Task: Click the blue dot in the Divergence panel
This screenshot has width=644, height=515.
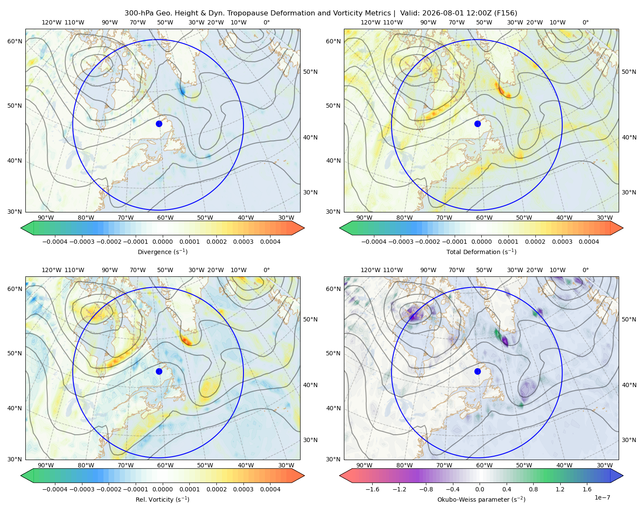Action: pyautogui.click(x=159, y=124)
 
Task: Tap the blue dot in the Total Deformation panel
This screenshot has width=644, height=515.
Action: pyautogui.click(x=477, y=124)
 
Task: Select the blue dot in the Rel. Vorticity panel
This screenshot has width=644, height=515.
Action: pyautogui.click(x=159, y=371)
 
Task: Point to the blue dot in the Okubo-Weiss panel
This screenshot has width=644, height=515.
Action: pyautogui.click(x=477, y=371)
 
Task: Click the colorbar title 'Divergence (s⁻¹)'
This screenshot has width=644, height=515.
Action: pyautogui.click(x=162, y=251)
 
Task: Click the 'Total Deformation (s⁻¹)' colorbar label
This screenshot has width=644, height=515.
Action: pyautogui.click(x=481, y=251)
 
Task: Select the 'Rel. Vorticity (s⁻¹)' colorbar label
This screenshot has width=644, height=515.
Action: pyautogui.click(x=162, y=500)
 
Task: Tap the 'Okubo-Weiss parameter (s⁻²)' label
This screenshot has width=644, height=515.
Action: pyautogui.click(x=481, y=500)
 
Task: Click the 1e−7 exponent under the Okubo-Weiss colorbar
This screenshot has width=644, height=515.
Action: pyautogui.click(x=602, y=497)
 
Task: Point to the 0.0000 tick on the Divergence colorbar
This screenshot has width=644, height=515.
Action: pyautogui.click(x=162, y=242)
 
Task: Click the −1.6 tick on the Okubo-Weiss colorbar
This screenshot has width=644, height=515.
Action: pyautogui.click(x=372, y=489)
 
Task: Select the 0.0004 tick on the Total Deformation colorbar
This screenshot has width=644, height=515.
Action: pyautogui.click(x=589, y=242)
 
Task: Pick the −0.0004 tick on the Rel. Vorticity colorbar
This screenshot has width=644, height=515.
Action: pyautogui.click(x=55, y=489)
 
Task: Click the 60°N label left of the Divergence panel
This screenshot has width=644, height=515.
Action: pyautogui.click(x=15, y=41)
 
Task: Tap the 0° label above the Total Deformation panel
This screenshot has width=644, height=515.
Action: pyautogui.click(x=585, y=22)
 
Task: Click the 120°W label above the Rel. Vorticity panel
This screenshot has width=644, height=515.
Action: pyautogui.click(x=52, y=270)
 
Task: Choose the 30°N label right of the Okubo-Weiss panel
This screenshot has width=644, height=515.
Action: pyautogui.click(x=629, y=440)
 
